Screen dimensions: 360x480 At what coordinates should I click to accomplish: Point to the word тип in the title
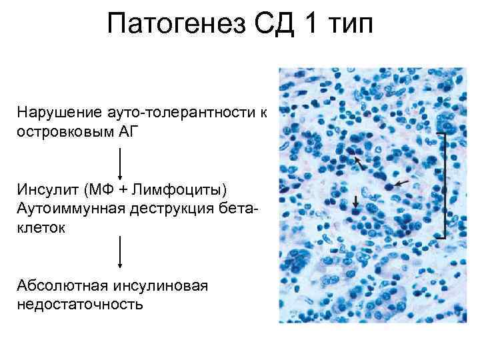pyautogui.click(x=353, y=27)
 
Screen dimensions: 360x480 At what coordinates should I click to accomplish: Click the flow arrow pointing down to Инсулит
pyautogui.click(x=120, y=164)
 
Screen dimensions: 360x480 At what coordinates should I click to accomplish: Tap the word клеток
pyautogui.click(x=41, y=228)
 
